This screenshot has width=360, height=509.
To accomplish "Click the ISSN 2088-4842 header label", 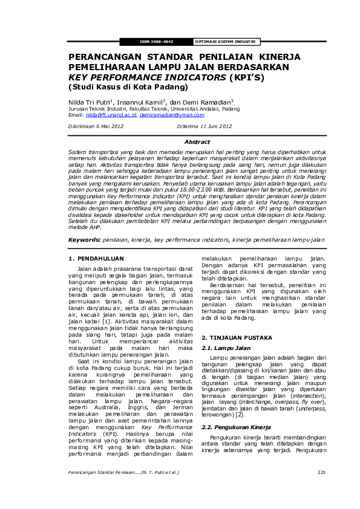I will (x=157, y=42).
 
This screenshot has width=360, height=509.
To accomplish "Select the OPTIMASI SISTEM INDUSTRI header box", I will (x=225, y=42).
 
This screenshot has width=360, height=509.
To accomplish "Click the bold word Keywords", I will (x=83, y=223).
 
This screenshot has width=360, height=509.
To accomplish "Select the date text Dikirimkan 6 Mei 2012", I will (x=96, y=126).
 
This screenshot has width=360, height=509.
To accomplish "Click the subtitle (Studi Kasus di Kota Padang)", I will (x=117, y=86).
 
